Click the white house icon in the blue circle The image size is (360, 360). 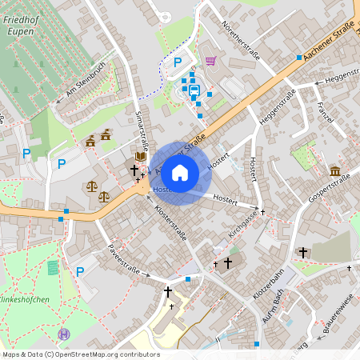tap(180, 172)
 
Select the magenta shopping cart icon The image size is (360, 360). tap(210, 60)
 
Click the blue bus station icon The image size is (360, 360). tap(194, 88)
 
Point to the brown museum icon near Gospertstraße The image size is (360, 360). tap(335, 171)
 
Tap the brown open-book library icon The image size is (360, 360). tap(141, 155)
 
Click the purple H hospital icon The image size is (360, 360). tap(64, 334)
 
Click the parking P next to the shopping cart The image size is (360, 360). tap(178, 61)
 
